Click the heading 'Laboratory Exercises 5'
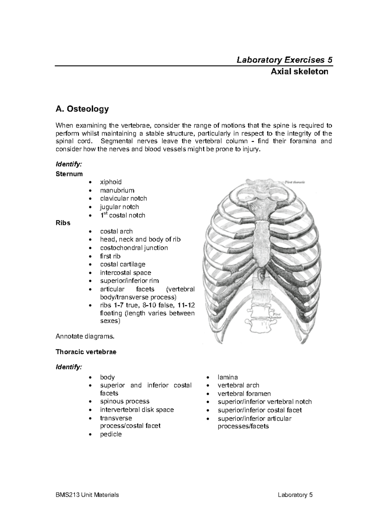click(x=284, y=59)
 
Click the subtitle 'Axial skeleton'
click(x=299, y=72)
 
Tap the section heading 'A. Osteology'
click(x=82, y=109)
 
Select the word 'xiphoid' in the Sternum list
click(x=111, y=182)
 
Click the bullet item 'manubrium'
click(x=117, y=190)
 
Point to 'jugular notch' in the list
click(x=119, y=207)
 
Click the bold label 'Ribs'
click(x=63, y=223)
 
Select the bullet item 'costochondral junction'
click(x=134, y=248)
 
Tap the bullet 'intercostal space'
click(x=125, y=273)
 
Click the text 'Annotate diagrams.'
click(x=85, y=337)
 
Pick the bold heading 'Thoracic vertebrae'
click(x=86, y=352)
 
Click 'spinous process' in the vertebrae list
click(x=125, y=401)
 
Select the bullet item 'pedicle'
click(x=111, y=434)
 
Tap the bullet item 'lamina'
click(x=228, y=377)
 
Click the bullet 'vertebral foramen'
click(x=244, y=394)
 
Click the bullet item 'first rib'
click(x=110, y=256)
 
